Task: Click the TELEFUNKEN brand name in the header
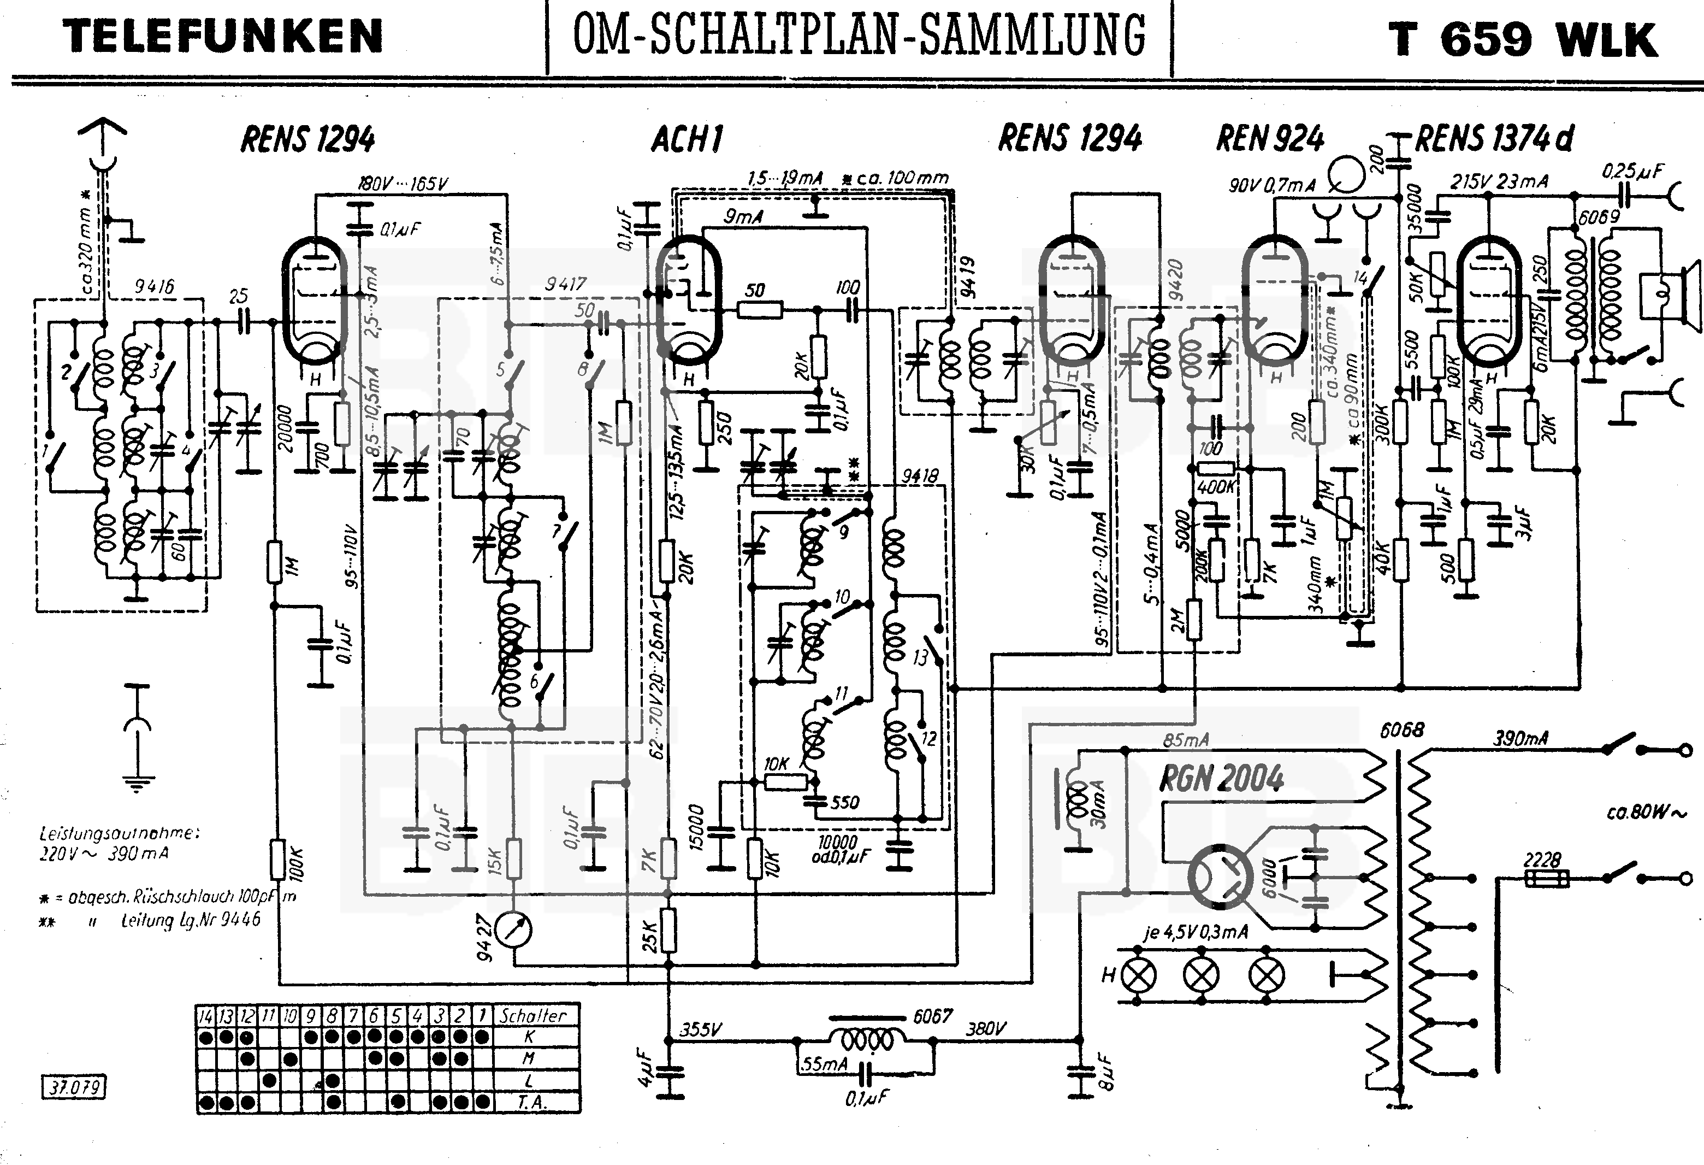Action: click(x=223, y=37)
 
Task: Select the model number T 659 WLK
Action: click(x=1523, y=39)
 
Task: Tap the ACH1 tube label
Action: click(x=687, y=139)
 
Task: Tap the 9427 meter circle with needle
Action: click(x=513, y=930)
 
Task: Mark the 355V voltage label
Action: click(x=701, y=1029)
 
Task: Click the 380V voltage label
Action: click(x=985, y=1029)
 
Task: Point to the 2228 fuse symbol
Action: click(x=1546, y=878)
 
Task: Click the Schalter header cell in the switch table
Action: click(x=533, y=1015)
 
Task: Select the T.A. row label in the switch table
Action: click(x=531, y=1103)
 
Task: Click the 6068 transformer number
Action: click(x=1402, y=730)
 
